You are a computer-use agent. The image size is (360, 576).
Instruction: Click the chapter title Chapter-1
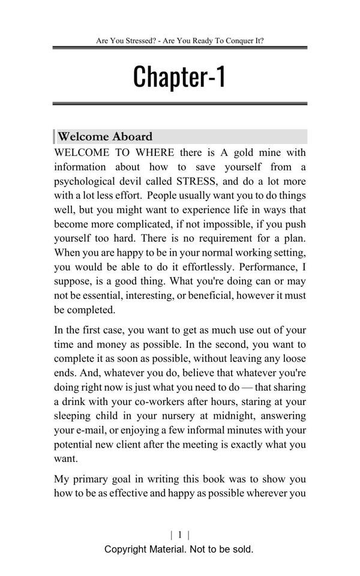click(179, 77)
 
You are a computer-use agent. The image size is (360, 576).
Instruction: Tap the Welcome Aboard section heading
click(105, 136)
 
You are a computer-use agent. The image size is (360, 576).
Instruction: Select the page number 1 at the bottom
click(180, 535)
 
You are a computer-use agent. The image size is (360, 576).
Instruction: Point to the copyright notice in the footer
click(179, 549)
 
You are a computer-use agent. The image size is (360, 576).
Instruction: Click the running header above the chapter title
click(179, 41)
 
